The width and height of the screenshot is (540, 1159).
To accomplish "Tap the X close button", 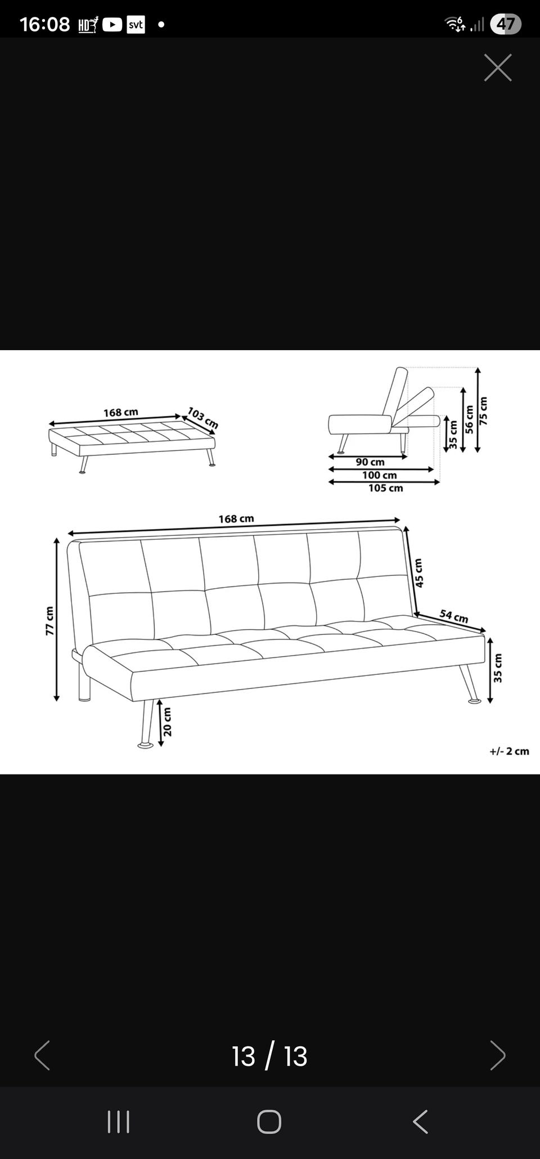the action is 498,68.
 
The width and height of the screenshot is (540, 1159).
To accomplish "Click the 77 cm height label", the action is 49,621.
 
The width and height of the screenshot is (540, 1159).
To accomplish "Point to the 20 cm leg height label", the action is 168,722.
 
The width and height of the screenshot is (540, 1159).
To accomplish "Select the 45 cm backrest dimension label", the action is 418,573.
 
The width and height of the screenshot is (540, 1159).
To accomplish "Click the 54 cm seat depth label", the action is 454,616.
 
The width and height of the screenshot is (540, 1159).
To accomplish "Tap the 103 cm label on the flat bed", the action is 202,418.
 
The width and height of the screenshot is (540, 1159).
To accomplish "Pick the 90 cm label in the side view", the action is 370,462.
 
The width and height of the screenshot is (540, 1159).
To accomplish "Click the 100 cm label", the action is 379,475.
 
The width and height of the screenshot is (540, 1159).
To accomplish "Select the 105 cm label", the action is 386,488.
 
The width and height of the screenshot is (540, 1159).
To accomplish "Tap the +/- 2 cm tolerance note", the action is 509,751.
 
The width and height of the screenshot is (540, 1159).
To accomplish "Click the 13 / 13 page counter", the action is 269,1056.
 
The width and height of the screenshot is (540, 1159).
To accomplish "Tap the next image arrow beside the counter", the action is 498,1055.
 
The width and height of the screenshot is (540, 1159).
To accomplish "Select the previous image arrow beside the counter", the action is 42,1055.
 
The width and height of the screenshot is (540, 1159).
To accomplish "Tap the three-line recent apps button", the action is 119,1122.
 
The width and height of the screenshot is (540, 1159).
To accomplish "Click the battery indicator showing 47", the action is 506,24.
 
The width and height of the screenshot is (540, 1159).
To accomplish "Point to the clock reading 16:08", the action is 44,24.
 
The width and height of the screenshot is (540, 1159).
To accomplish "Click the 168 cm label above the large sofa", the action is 236,518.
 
